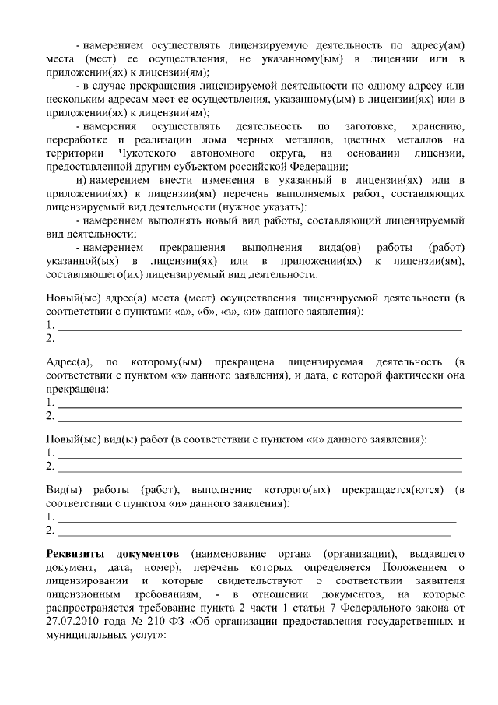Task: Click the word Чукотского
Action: click(141, 153)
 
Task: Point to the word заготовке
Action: click(365, 126)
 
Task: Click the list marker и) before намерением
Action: click(79, 180)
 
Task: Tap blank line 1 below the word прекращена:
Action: click(260, 404)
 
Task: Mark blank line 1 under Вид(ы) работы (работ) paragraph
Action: click(257, 518)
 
